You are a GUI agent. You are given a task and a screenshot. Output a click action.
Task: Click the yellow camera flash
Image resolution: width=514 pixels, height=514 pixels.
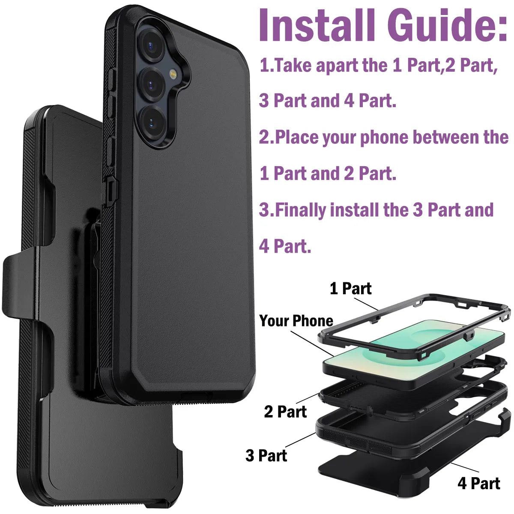(x=173, y=74)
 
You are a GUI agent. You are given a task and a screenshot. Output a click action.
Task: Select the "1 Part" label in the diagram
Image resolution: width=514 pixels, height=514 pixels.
(x=350, y=289)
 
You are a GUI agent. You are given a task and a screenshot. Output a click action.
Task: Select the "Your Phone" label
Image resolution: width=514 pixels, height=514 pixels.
(x=296, y=321)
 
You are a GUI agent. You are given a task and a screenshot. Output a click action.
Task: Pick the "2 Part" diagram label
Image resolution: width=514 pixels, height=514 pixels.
(x=285, y=412)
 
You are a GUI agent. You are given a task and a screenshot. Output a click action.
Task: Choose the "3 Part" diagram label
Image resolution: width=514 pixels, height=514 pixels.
(x=266, y=455)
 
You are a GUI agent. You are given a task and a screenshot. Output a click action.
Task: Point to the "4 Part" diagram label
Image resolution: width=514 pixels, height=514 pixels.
(x=478, y=483)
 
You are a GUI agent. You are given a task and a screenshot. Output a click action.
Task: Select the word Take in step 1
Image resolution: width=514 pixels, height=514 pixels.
(x=291, y=66)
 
